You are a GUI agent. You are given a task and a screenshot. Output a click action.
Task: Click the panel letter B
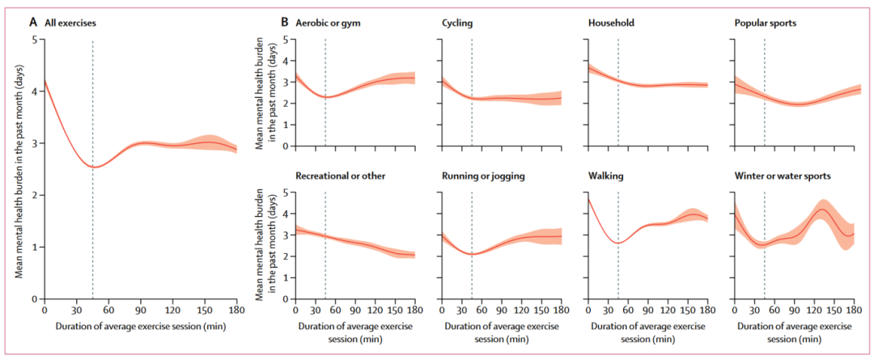click(285, 23)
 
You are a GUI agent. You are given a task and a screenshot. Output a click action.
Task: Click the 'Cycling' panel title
click(459, 23)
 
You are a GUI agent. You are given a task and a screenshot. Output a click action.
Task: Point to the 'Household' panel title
click(611, 23)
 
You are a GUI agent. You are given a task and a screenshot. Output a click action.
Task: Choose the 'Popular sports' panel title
click(766, 23)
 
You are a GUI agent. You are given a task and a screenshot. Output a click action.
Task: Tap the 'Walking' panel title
click(606, 175)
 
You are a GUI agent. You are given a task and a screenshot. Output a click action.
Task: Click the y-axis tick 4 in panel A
click(35, 91)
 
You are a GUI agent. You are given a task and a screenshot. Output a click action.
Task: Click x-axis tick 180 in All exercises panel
click(236, 310)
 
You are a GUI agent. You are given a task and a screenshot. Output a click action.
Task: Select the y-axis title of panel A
click(19, 170)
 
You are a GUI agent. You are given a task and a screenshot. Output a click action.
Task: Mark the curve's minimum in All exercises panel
click(93, 167)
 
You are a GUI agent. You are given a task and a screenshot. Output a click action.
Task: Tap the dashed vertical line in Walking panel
click(617, 267)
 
